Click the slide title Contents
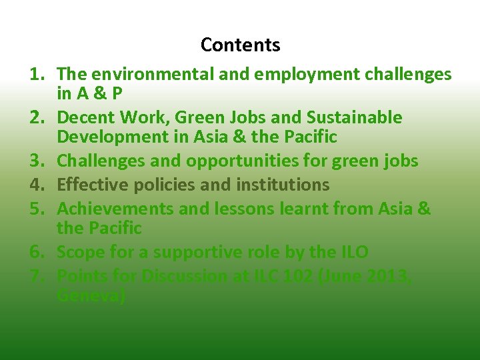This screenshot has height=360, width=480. (240, 45)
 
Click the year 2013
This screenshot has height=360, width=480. (385, 276)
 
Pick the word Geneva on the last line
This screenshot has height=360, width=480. (91, 296)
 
